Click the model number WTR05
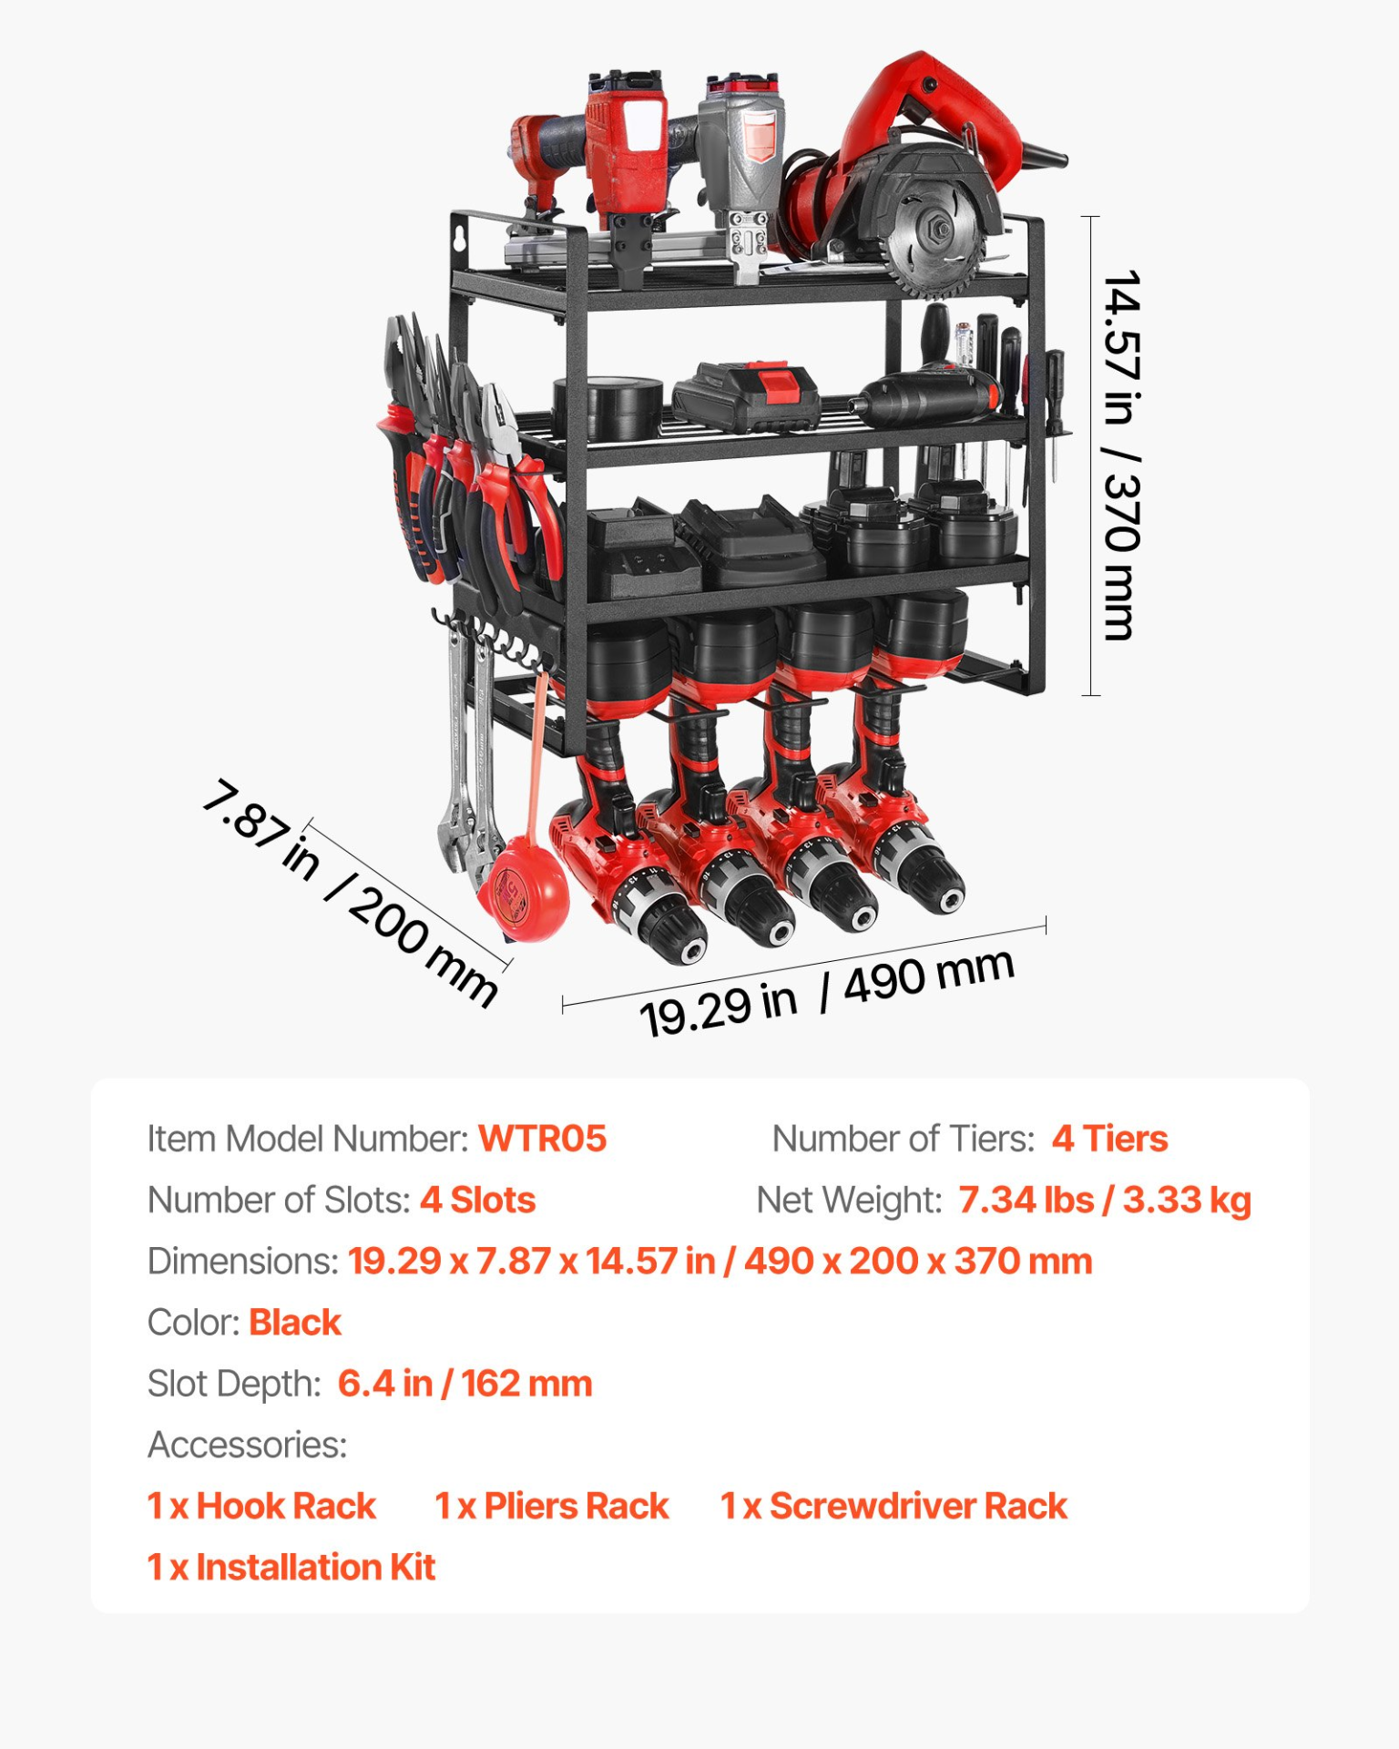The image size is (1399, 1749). (542, 1139)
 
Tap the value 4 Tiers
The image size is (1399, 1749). (1109, 1139)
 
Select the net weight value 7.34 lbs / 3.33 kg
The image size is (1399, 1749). (1104, 1200)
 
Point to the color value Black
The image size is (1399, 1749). (295, 1322)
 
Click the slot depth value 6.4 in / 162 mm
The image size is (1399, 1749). (465, 1383)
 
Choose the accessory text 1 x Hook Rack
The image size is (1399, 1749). (261, 1506)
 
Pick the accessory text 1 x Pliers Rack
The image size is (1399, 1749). (551, 1506)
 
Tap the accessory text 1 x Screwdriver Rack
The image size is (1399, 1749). (893, 1506)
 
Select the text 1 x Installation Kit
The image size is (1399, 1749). (291, 1567)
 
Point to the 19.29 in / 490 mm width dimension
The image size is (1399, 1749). (826, 993)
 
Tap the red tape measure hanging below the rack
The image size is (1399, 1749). (524, 888)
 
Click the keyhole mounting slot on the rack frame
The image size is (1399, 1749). (462, 238)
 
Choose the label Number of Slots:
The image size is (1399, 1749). (279, 1200)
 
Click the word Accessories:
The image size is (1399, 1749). (248, 1445)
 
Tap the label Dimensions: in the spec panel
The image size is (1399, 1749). (243, 1261)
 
